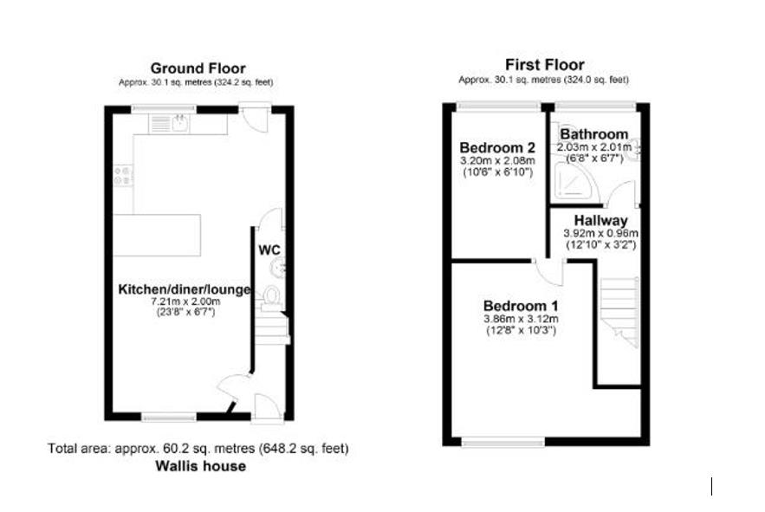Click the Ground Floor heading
click(x=198, y=68)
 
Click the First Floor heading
click(x=544, y=64)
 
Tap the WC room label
click(x=269, y=250)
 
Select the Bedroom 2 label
click(x=497, y=147)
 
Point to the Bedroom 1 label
click(x=521, y=306)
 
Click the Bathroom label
click(x=593, y=134)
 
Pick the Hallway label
click(x=600, y=221)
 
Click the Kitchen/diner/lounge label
click(x=185, y=289)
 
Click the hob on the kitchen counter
click(x=123, y=176)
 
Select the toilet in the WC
click(x=271, y=297)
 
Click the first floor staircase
click(x=619, y=311)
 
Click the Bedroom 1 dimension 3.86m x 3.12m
click(x=521, y=319)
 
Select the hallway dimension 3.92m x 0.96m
click(x=600, y=233)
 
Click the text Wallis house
click(x=200, y=466)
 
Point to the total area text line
click(x=198, y=448)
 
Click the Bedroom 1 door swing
click(x=550, y=272)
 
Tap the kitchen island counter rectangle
click(x=157, y=236)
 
